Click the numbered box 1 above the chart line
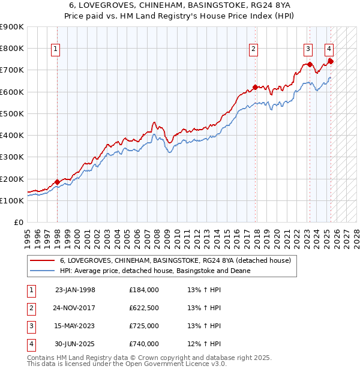pos(56,50)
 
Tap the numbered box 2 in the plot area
pos(254,50)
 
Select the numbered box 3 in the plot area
pos(308,50)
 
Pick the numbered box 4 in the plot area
pos(329,50)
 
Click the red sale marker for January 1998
pos(57,182)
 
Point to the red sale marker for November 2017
pos(255,87)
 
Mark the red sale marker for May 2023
pos(310,64)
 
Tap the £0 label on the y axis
pos(18,222)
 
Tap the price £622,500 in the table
pos(144,308)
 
